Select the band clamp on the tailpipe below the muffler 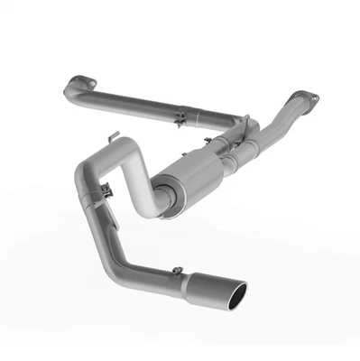[106, 190]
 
